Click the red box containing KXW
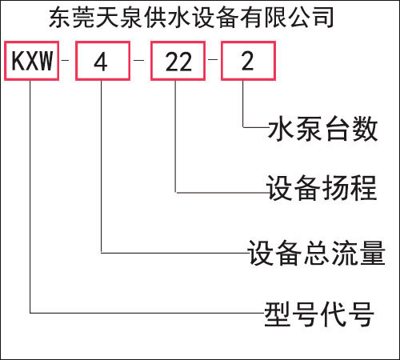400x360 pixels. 6,61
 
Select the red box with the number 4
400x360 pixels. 77,61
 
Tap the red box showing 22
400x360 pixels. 152,61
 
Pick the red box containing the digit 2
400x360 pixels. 222,61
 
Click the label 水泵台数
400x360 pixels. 322,129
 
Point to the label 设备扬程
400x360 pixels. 322,188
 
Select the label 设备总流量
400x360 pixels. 317,252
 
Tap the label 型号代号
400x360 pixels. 319,314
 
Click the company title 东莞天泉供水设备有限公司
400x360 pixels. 191,18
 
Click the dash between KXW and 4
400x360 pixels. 65,60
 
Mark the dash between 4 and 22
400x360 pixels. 138,60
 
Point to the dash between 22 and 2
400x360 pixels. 213,59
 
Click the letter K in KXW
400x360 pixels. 18,61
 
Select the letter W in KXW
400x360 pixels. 46,61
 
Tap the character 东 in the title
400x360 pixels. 60,18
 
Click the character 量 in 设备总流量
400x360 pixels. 373,252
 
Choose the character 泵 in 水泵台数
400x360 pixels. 309,129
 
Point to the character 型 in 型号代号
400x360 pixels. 278,314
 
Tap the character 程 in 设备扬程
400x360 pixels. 364,188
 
